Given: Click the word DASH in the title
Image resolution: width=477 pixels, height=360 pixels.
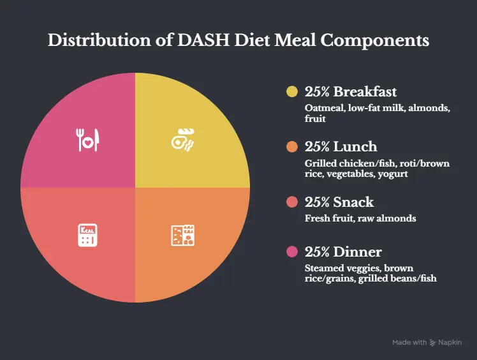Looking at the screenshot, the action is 203,40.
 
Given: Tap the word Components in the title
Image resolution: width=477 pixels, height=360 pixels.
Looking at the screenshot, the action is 375,41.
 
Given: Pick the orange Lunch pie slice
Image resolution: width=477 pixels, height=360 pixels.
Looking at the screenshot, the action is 182,237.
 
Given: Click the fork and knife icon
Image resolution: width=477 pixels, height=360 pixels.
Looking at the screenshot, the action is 87,140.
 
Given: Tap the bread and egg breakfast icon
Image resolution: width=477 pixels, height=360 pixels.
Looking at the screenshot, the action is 182,140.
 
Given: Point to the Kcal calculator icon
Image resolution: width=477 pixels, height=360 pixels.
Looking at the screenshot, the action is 87,236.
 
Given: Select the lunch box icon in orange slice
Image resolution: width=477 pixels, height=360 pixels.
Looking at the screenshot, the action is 182,236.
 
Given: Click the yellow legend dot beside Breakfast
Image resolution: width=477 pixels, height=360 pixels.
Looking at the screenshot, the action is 292,92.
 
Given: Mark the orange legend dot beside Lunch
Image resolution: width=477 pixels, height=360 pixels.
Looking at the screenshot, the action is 292,147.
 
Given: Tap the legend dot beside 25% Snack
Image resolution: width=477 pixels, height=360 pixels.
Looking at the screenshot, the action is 292,202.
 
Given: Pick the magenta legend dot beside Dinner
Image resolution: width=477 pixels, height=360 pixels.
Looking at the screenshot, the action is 292,251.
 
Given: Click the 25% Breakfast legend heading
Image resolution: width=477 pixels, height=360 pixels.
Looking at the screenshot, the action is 351,92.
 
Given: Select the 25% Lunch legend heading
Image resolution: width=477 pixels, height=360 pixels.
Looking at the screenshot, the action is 341,147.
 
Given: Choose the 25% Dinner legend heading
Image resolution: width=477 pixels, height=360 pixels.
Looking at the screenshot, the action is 343,251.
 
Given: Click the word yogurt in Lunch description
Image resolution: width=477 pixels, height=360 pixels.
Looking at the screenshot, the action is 393,174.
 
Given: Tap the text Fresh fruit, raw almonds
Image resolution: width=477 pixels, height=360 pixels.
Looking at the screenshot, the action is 360,218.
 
